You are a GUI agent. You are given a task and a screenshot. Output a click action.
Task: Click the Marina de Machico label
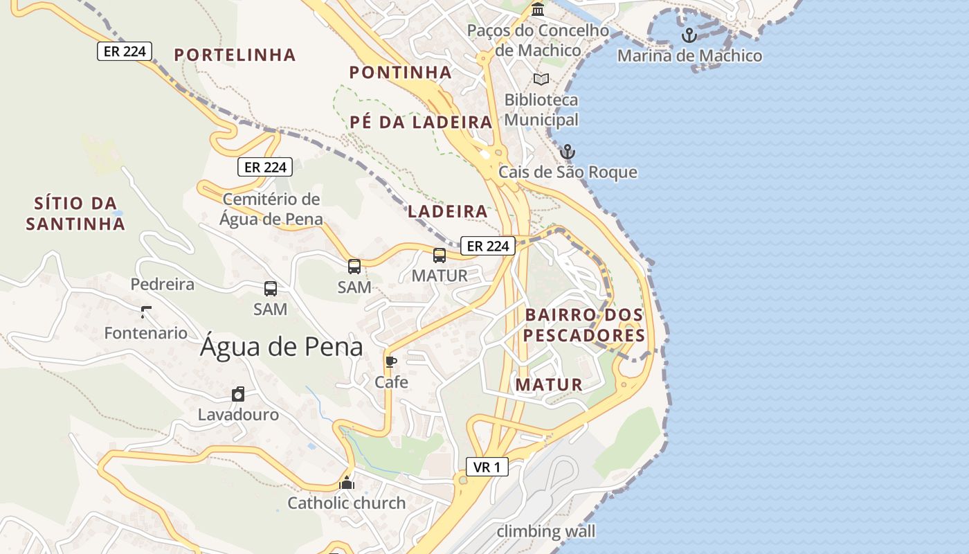(x=689, y=55)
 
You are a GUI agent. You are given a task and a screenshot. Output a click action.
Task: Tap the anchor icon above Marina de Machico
(x=689, y=35)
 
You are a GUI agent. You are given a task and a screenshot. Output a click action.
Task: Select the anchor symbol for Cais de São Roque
(x=568, y=151)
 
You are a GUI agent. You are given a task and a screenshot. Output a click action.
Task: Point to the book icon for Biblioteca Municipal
(x=541, y=79)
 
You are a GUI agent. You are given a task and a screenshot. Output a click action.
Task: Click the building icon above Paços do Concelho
(x=538, y=10)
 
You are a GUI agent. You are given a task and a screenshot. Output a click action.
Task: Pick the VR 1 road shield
(x=487, y=467)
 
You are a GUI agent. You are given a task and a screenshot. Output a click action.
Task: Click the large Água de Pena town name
(x=281, y=347)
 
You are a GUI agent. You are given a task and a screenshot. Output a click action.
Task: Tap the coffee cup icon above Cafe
(x=391, y=361)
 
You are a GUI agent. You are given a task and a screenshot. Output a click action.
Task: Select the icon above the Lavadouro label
(x=238, y=394)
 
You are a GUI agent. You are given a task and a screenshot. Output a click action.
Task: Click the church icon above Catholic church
(x=347, y=483)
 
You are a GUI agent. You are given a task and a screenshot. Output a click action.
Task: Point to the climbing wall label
(x=546, y=531)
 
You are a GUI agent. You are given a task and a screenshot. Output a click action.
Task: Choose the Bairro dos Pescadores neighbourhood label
(x=584, y=325)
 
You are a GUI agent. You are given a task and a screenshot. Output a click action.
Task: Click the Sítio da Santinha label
(x=75, y=213)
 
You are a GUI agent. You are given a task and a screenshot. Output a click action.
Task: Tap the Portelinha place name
(x=235, y=55)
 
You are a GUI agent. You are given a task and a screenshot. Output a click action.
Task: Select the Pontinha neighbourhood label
(x=400, y=72)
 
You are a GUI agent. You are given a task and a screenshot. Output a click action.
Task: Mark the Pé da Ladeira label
(x=421, y=122)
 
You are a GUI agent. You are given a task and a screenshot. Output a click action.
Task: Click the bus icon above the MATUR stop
(x=440, y=256)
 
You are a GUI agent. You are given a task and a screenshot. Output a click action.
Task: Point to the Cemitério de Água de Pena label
(x=271, y=209)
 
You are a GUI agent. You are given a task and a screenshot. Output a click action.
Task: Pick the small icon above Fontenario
(x=146, y=312)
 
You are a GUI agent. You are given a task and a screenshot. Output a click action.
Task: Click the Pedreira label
(x=163, y=284)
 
